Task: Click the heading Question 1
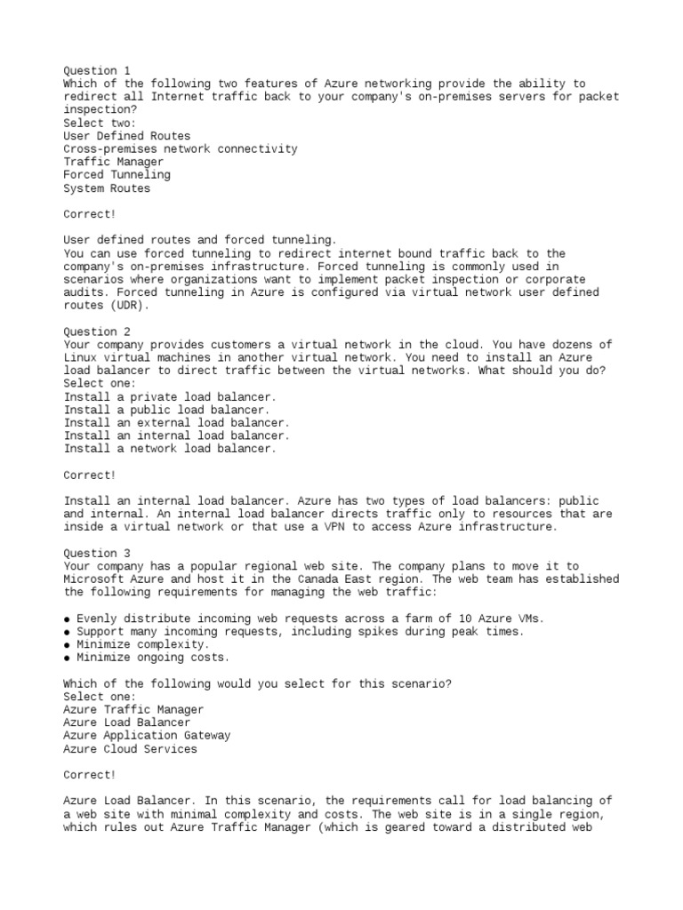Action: click(x=96, y=70)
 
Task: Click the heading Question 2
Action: click(x=96, y=331)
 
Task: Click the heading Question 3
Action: click(x=96, y=553)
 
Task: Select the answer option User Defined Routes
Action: click(x=126, y=136)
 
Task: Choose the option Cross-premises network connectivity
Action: click(x=180, y=149)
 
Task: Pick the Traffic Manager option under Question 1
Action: click(x=113, y=162)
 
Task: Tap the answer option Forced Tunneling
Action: click(x=117, y=175)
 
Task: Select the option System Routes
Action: click(x=107, y=188)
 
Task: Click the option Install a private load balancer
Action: click(x=170, y=396)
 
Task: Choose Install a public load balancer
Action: click(x=166, y=410)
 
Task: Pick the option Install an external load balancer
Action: click(x=176, y=423)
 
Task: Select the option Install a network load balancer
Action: click(x=170, y=449)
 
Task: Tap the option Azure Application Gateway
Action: click(x=147, y=736)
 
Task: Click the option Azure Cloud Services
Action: click(x=130, y=749)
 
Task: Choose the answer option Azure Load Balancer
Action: click(x=126, y=722)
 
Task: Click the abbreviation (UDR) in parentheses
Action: click(x=130, y=305)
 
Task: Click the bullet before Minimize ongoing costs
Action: click(x=68, y=658)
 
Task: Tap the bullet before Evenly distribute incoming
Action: click(x=68, y=619)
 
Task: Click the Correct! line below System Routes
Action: click(x=90, y=214)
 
